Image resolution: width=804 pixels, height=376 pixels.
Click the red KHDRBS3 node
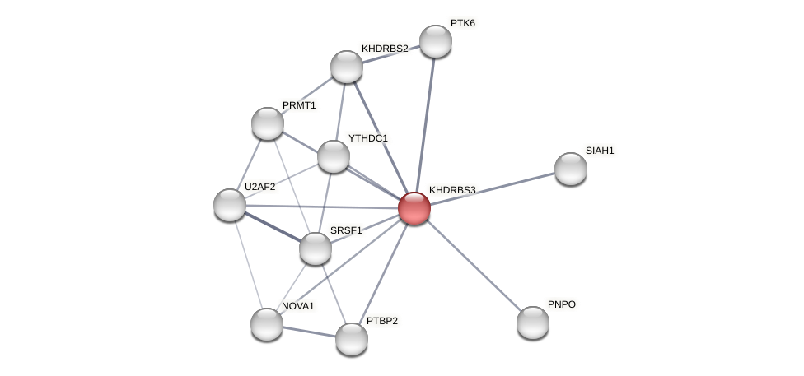(x=414, y=208)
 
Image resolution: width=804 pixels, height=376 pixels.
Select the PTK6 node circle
(x=435, y=41)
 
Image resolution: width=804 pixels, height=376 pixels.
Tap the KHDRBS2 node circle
(x=347, y=67)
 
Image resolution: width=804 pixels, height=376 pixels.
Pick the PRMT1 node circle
(x=268, y=123)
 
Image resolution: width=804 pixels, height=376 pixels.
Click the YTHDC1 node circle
(x=334, y=156)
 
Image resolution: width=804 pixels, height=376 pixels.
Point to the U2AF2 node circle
(x=230, y=205)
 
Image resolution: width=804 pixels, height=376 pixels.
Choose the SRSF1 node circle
(x=316, y=248)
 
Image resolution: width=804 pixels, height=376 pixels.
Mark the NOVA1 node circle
(x=267, y=323)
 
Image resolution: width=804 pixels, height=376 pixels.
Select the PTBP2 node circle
(x=352, y=338)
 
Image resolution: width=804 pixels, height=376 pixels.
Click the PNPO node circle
(x=533, y=322)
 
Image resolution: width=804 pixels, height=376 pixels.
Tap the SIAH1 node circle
(x=570, y=169)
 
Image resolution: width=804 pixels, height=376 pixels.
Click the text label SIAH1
(x=600, y=151)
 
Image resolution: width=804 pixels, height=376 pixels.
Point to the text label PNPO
(x=561, y=304)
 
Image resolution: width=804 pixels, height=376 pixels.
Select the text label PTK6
(x=462, y=23)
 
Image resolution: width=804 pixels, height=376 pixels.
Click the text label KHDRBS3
(x=452, y=190)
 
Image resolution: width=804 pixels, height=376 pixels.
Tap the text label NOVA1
(x=297, y=306)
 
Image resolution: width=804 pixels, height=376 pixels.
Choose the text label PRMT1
(x=299, y=105)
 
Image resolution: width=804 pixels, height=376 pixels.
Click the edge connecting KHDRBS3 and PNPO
(x=474, y=265)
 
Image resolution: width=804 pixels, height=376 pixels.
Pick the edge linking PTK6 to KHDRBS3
(x=424, y=123)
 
